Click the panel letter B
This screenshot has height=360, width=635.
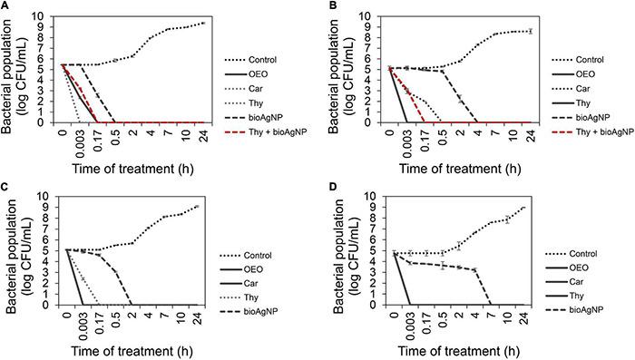pos(324,6)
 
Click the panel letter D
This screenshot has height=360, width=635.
pos(324,188)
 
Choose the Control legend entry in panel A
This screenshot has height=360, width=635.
pos(263,41)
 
